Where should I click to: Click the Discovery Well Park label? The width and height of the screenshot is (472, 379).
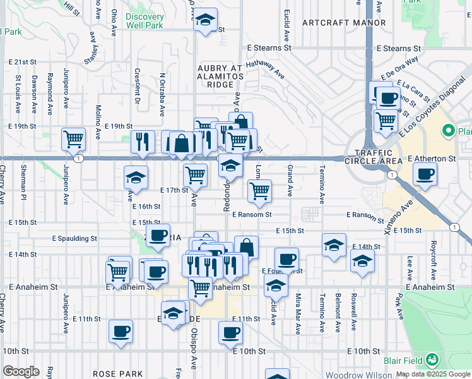tap(144, 21)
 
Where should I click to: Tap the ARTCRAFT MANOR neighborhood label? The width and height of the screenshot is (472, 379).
tap(344, 23)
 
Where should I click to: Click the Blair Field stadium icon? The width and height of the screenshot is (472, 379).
tap(432, 360)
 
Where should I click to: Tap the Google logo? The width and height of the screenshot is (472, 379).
tap(21, 371)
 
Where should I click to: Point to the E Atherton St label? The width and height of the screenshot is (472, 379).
tap(432, 159)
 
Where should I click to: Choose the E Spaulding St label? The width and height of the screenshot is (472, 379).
tap(74, 239)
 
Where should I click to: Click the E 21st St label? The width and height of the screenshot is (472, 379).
tap(24, 62)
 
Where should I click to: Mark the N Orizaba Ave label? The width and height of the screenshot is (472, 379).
tap(162, 95)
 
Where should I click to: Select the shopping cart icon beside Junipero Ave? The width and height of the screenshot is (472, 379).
tap(74, 139)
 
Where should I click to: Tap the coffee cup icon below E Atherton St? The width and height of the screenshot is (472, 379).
tap(425, 174)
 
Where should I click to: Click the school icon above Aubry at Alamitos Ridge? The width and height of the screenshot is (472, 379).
tap(205, 20)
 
